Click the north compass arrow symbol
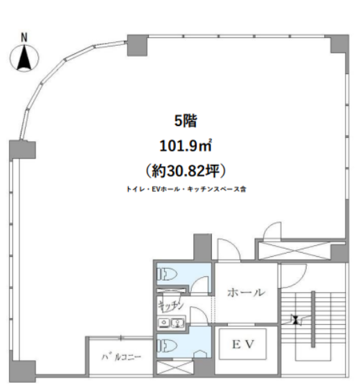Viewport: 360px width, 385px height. [x=24, y=58]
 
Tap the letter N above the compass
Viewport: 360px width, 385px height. [x=24, y=38]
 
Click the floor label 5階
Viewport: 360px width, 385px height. [x=186, y=121]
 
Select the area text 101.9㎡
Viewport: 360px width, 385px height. [x=186, y=146]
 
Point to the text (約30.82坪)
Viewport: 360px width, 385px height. [x=186, y=170]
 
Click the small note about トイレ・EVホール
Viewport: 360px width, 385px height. [x=186, y=189]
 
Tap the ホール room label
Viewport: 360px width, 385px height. [x=246, y=292]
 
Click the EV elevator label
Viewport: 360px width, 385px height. [x=243, y=344]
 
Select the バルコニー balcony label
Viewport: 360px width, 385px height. [x=121, y=357]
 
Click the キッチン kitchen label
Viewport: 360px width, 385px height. [x=171, y=305]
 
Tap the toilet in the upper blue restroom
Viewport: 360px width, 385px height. [x=168, y=274]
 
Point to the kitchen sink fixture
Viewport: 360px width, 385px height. [x=171, y=323]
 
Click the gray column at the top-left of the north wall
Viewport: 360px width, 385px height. [x=138, y=45]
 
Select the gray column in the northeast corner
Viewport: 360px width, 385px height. [x=340, y=44]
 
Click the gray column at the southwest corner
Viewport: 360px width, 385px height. [x=23, y=370]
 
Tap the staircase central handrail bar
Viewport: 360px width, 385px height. [x=313, y=319]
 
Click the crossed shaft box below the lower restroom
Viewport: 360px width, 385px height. [x=175, y=368]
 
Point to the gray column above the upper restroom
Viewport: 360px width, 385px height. [x=203, y=247]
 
